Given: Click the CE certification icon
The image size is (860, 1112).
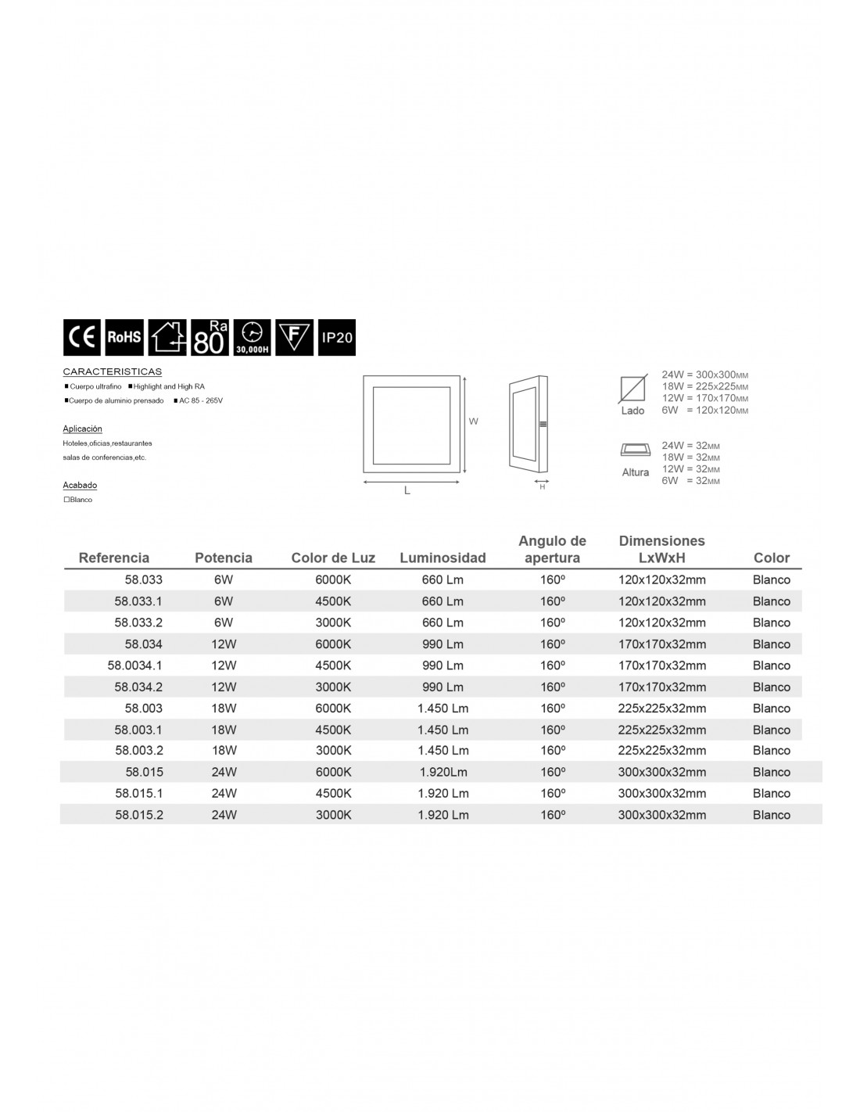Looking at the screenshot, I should click(x=82, y=337).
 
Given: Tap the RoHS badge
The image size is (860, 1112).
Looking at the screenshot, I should click(x=124, y=337).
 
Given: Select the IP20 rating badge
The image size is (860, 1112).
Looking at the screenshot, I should click(x=337, y=338).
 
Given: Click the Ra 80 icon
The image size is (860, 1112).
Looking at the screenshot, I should click(x=209, y=337).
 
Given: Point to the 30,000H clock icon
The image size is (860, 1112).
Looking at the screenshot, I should click(x=253, y=337).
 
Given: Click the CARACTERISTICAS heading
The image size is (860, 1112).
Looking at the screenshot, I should click(x=112, y=371).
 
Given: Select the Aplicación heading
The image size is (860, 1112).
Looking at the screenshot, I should click(x=82, y=429).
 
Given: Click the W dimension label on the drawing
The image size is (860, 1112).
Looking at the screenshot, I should click(x=473, y=421).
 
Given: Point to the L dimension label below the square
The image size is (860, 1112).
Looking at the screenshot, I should click(x=407, y=490).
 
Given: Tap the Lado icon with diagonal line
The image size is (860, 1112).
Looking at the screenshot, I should click(x=632, y=389).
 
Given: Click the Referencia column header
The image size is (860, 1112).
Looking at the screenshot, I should click(x=114, y=558).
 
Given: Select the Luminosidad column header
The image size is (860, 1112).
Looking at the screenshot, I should click(x=443, y=558).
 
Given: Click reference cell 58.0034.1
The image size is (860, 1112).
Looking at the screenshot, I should click(x=134, y=665).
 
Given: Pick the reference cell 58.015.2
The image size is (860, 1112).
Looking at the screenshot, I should click(x=138, y=815).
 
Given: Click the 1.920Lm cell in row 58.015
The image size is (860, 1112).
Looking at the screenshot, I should click(x=442, y=772).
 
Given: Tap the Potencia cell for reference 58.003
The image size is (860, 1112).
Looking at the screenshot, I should click(x=224, y=708).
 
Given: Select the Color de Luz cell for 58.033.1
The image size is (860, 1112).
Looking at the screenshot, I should click(x=333, y=601).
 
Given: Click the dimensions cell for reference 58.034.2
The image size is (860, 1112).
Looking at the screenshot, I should click(x=661, y=687).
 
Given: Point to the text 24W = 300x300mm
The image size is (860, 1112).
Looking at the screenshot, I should click(x=704, y=375).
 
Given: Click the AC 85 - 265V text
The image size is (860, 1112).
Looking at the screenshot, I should click(x=202, y=400).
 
